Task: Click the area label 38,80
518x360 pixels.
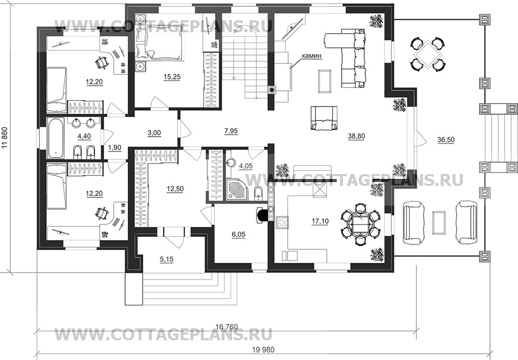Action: [x=357, y=138]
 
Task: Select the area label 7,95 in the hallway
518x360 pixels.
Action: [x=231, y=131]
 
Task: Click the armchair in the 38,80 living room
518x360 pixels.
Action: [x=324, y=119]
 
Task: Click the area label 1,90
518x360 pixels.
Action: [x=115, y=148]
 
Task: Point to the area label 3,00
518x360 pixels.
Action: [x=154, y=133]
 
